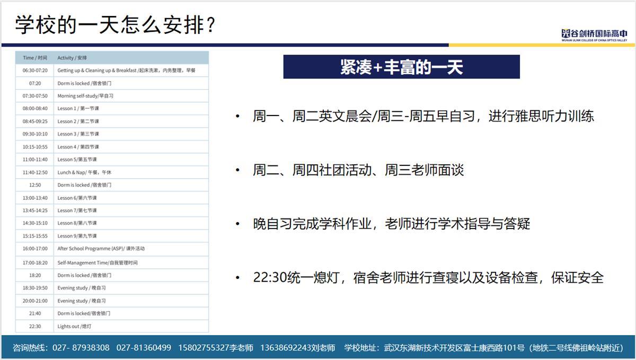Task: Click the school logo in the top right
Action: [594, 35]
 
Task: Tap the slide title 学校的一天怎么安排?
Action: [116, 25]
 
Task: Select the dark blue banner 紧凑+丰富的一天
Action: [402, 67]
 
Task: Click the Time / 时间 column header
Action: [35, 58]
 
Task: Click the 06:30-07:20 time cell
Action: [35, 70]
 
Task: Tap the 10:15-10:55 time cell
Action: [35, 147]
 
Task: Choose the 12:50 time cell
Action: [35, 185]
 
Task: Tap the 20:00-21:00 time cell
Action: [35, 301]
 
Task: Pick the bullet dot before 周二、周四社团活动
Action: [237, 170]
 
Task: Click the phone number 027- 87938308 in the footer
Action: [81, 347]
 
